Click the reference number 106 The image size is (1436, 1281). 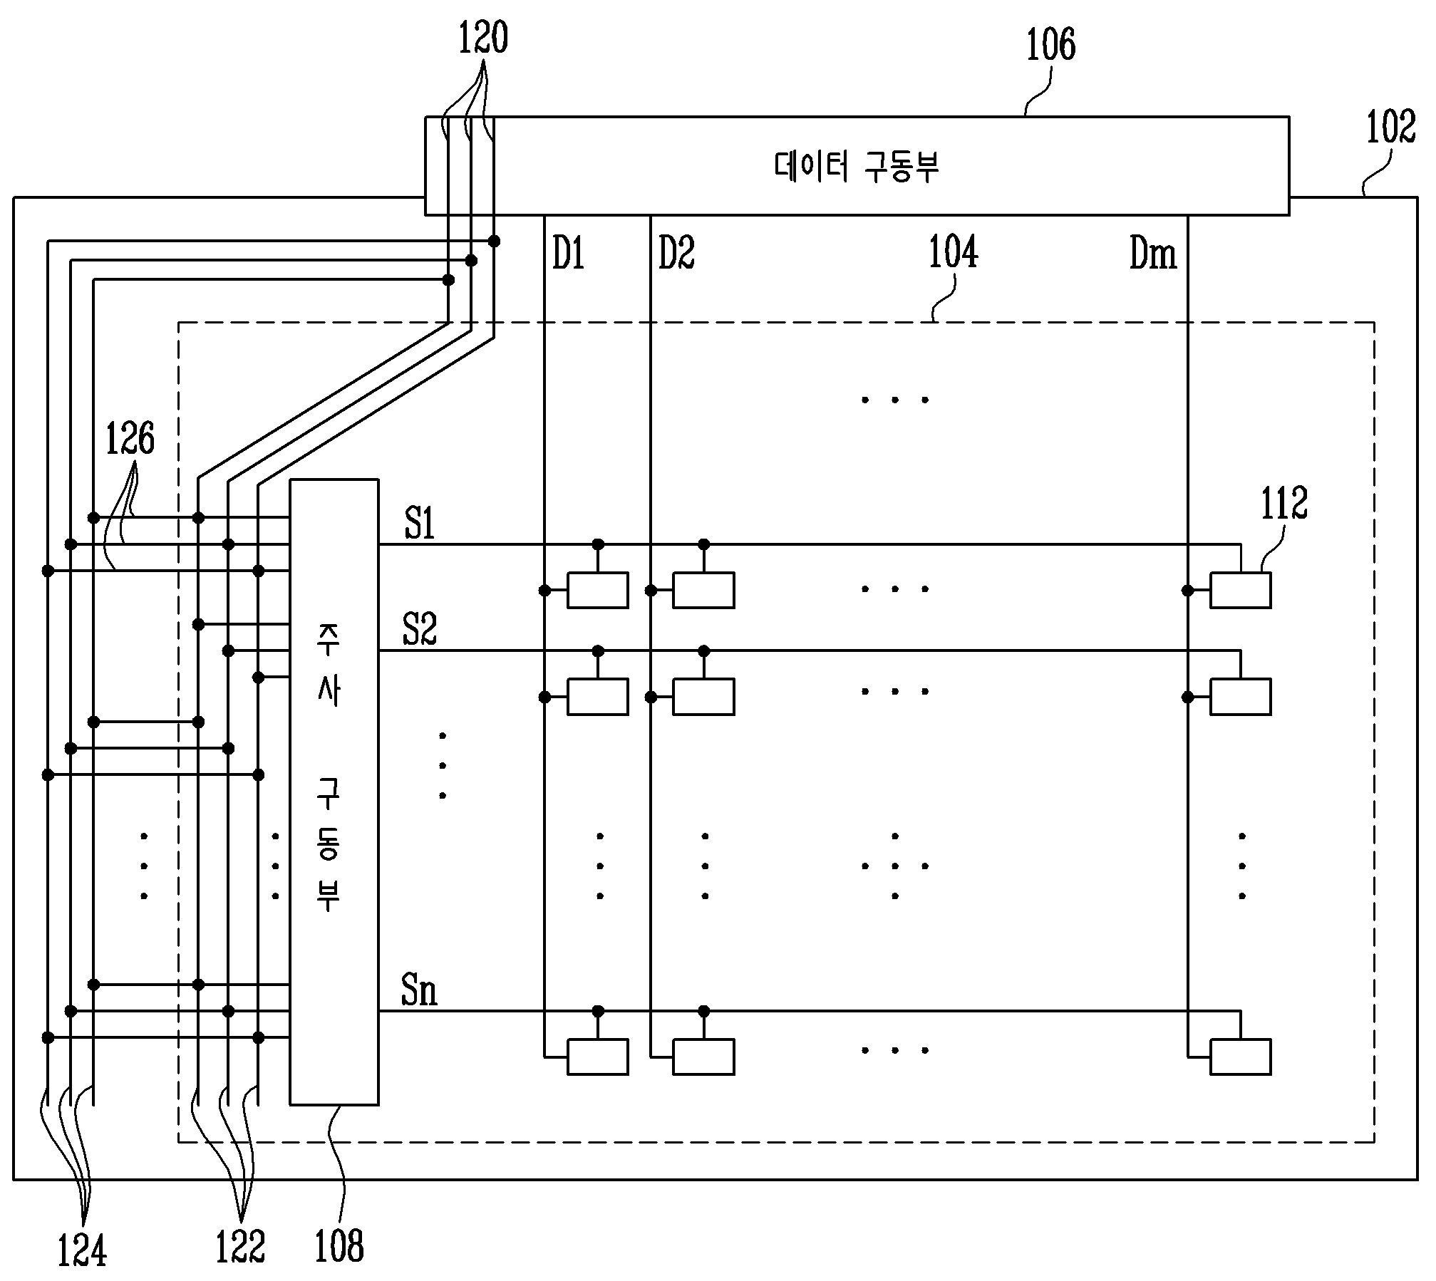pos(1050,44)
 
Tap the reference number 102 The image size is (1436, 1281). pos(1390,128)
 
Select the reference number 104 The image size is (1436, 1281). pos(953,252)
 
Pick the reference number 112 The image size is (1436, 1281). pos(1284,504)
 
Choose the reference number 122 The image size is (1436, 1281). pos(240,1247)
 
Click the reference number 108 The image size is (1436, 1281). pos(339,1247)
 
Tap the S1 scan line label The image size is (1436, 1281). pos(419,525)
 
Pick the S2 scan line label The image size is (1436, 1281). pos(419,629)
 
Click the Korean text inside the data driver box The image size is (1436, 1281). pos(857,167)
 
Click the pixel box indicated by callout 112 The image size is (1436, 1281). pos(1240,591)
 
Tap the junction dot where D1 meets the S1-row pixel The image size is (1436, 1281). pos(544,590)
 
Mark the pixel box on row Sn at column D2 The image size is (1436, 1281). pos(703,1057)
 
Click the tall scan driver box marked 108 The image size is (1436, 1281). pos(334,792)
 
